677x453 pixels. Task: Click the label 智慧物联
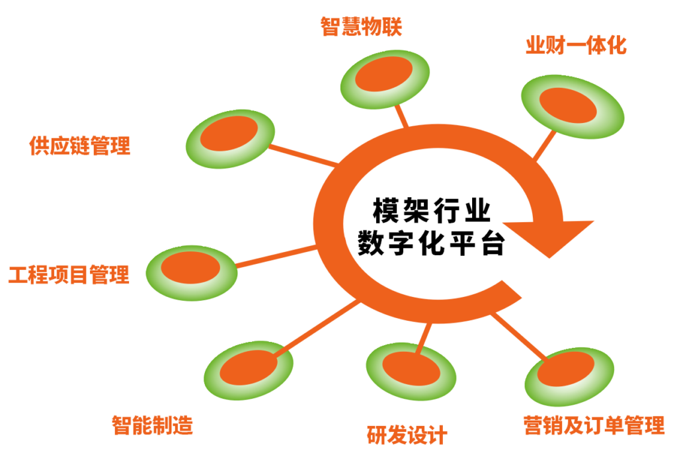(361, 26)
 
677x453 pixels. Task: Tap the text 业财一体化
(575, 46)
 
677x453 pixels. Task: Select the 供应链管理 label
(80, 145)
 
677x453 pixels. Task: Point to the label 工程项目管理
(69, 274)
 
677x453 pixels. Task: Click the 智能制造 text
(152, 425)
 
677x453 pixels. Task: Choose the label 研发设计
(407, 435)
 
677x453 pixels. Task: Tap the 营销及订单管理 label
(593, 425)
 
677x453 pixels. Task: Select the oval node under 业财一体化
(572, 106)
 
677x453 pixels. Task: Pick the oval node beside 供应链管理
(229, 138)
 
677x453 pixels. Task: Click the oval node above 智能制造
(249, 370)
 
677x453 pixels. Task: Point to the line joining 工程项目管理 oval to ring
(276, 256)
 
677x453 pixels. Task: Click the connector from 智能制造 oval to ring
(317, 329)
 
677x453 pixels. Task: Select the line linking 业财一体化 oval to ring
(545, 144)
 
